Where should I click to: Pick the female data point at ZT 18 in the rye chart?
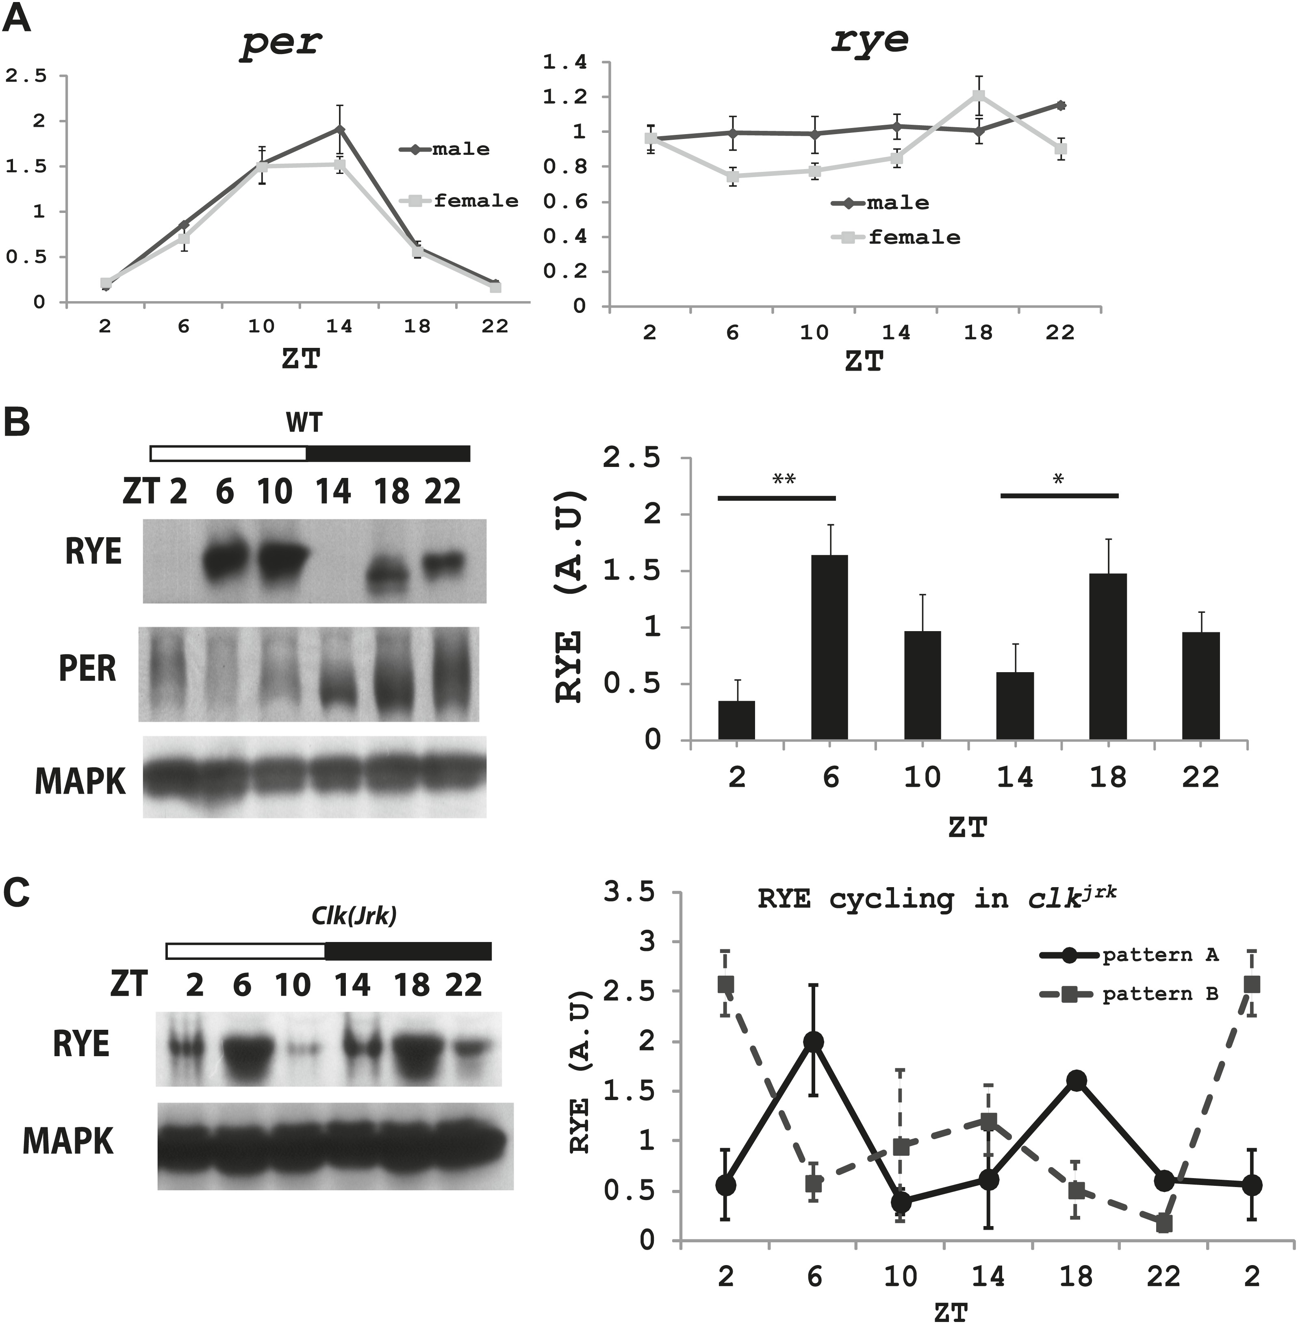[979, 95]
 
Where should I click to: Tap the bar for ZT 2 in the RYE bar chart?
[736, 720]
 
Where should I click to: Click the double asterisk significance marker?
[784, 479]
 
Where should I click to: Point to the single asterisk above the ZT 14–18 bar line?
[1058, 479]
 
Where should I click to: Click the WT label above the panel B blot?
[304, 423]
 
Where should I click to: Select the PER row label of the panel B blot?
[87, 669]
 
